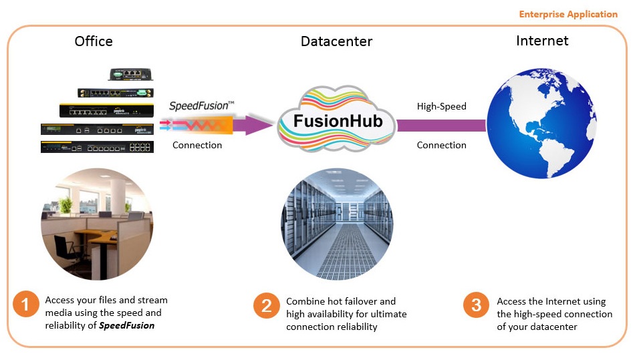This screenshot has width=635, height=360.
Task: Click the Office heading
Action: coord(94,41)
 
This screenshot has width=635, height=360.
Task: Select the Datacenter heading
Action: coord(336,41)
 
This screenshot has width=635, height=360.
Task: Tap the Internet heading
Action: coord(542,41)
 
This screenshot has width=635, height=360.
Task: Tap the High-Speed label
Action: coord(441,106)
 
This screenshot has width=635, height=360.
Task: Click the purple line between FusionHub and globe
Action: coord(441,126)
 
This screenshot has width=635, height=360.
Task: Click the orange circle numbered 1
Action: coord(25,306)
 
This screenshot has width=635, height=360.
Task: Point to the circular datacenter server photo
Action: coord(337,224)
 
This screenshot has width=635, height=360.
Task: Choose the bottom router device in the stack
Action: coord(97,147)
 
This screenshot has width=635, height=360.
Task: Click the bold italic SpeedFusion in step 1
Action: coord(128,325)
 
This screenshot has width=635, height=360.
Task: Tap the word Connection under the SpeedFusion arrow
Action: coord(197,145)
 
